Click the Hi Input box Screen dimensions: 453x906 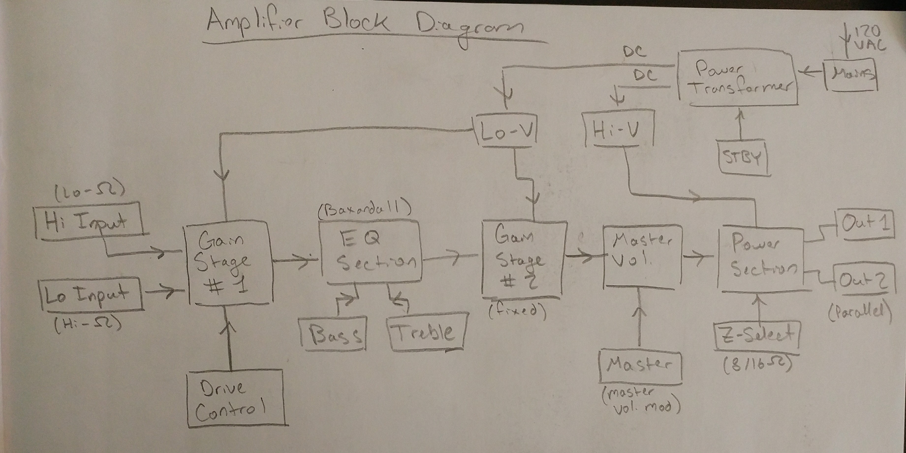point(90,221)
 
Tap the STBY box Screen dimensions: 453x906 point(742,157)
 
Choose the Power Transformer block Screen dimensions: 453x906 point(736,78)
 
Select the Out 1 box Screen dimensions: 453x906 point(865,223)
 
